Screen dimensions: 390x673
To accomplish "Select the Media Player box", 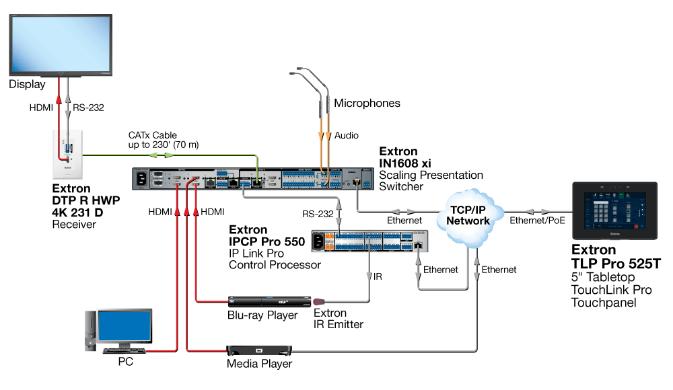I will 260,350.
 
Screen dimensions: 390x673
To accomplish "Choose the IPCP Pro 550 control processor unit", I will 370,240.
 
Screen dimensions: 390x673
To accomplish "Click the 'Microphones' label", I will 367,103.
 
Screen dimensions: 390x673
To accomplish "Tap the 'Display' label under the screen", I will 27,85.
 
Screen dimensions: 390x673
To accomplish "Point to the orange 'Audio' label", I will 347,135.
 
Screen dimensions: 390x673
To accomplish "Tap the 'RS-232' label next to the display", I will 88,107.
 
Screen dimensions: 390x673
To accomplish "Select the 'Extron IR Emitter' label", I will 330,319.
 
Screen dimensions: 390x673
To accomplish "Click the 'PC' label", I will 125,362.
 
